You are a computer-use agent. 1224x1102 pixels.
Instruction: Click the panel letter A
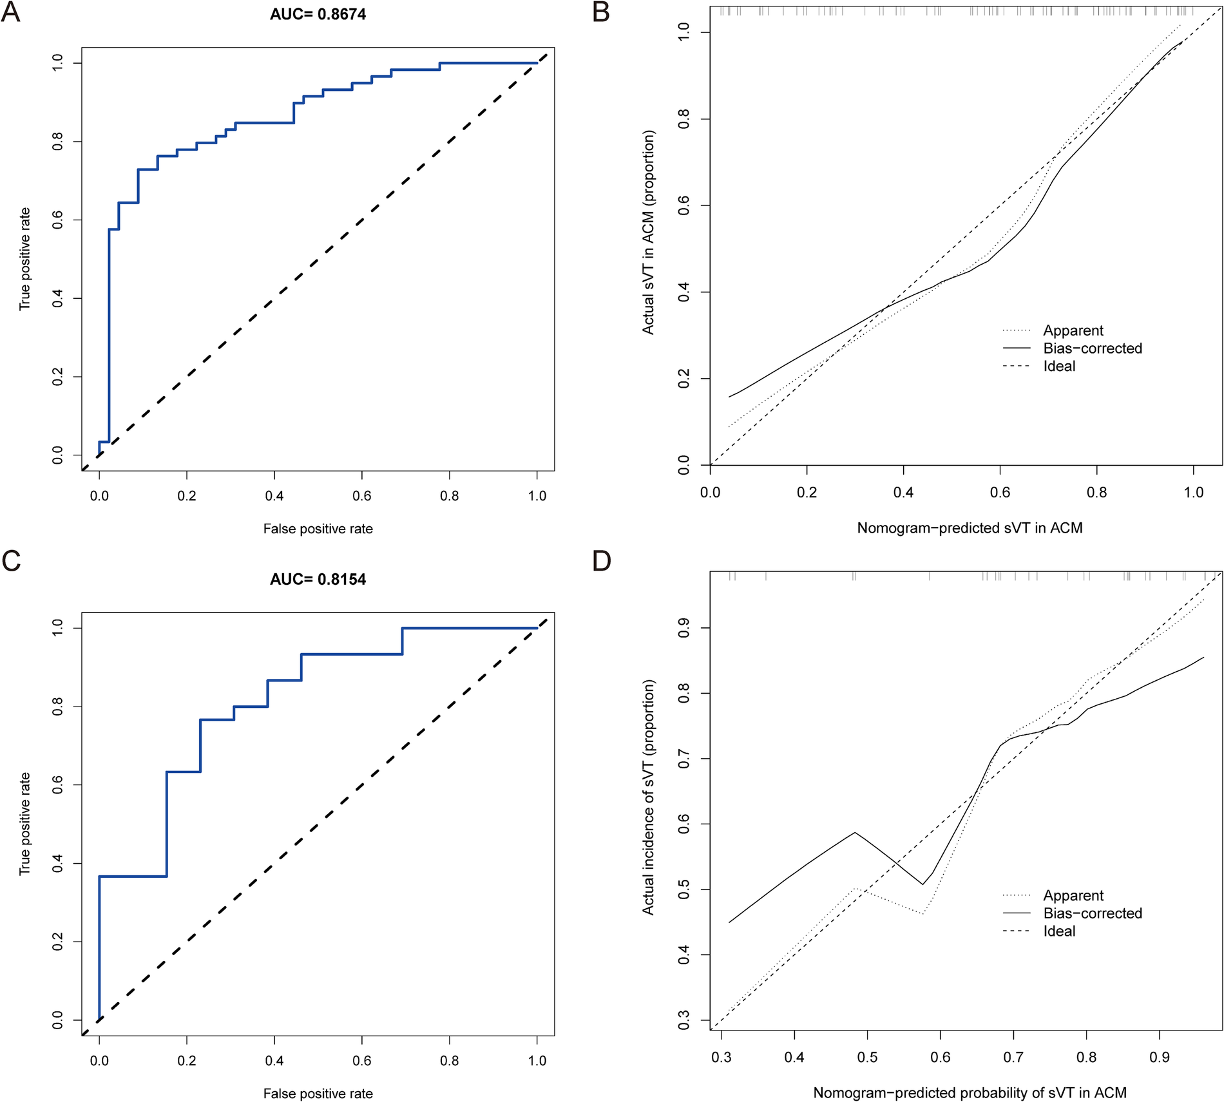11,12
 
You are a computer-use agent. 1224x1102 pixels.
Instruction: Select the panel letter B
601,12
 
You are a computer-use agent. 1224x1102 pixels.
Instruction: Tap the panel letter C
12,561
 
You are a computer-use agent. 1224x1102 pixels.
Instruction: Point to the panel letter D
602,561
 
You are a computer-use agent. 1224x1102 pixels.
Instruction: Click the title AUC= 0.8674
318,14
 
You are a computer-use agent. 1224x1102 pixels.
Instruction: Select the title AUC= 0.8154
318,579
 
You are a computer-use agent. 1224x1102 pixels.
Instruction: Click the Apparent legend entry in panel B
1073,330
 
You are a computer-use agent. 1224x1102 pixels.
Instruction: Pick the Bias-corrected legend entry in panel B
1093,348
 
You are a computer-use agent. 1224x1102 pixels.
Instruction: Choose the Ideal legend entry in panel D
1059,931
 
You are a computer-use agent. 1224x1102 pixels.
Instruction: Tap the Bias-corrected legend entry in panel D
1093,913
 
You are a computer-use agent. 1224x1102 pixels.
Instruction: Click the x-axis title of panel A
318,529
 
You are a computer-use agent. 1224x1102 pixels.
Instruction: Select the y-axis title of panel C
24,823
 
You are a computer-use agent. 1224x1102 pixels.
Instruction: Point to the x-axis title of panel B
970,528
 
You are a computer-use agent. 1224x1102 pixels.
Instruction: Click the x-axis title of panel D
970,1093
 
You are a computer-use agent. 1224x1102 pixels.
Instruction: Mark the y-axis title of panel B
648,232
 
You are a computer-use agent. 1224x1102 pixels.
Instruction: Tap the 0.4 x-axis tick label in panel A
274,496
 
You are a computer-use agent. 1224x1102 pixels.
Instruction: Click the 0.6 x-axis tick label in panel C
362,1061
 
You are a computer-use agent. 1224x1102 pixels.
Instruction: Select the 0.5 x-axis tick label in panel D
867,1058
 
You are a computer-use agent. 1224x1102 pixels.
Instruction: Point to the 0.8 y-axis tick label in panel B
684,119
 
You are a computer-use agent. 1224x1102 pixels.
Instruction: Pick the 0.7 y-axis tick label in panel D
684,759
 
